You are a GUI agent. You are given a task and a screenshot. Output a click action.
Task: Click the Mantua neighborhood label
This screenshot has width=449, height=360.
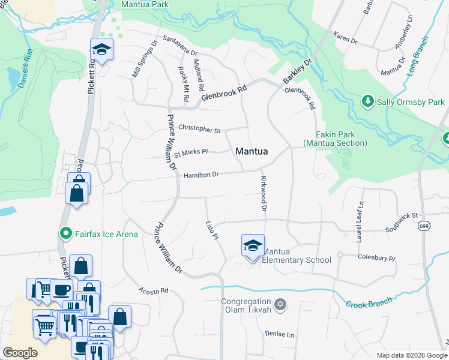click(252, 152)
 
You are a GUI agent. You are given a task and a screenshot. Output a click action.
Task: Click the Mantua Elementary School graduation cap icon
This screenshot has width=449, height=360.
click(253, 245)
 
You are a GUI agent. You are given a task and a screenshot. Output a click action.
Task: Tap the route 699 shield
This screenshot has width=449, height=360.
click(424, 226)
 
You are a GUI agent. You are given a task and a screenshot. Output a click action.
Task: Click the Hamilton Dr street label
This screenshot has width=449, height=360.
click(200, 175)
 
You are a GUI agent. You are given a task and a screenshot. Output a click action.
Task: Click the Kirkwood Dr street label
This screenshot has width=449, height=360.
click(263, 194)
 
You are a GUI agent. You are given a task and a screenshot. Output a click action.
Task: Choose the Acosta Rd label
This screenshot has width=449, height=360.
click(154, 291)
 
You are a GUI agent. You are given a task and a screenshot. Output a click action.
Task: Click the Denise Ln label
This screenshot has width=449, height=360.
click(280, 334)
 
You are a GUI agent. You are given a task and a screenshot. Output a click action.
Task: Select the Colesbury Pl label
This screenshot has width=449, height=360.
click(376, 259)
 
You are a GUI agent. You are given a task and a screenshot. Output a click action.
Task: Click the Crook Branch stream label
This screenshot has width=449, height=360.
click(369, 302)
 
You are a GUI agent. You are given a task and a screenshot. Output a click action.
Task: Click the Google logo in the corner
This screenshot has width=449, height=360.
click(20, 352)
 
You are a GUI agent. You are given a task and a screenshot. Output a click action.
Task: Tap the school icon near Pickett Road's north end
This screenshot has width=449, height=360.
click(102, 50)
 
